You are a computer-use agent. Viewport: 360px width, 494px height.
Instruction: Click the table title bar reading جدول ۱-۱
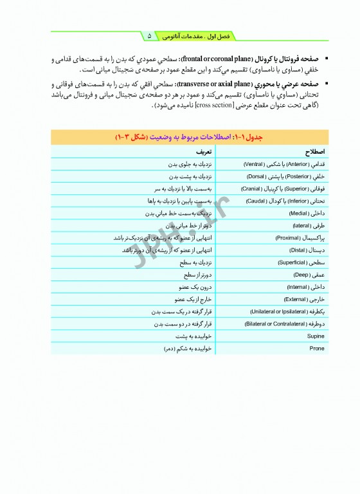click(190, 137)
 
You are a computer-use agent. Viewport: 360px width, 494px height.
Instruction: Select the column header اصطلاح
click(314, 151)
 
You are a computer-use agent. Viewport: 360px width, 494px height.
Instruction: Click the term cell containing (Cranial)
click(283, 188)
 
